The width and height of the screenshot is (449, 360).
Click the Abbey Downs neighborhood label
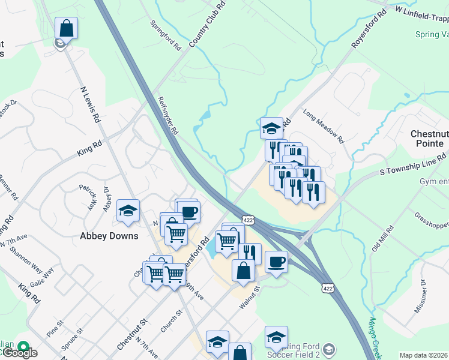click(x=109, y=236)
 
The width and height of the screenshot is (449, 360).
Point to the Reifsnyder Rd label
click(x=168, y=115)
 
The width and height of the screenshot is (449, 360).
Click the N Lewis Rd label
click(x=90, y=104)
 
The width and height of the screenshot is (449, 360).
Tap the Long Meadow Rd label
click(x=323, y=127)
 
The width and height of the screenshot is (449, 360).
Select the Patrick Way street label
click(x=88, y=196)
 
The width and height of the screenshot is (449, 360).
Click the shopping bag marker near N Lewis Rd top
click(x=66, y=28)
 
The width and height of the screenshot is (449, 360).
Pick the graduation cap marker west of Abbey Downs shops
click(x=128, y=211)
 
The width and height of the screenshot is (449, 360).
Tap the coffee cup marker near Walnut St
click(x=276, y=262)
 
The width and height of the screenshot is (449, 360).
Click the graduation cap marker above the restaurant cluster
click(x=271, y=128)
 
